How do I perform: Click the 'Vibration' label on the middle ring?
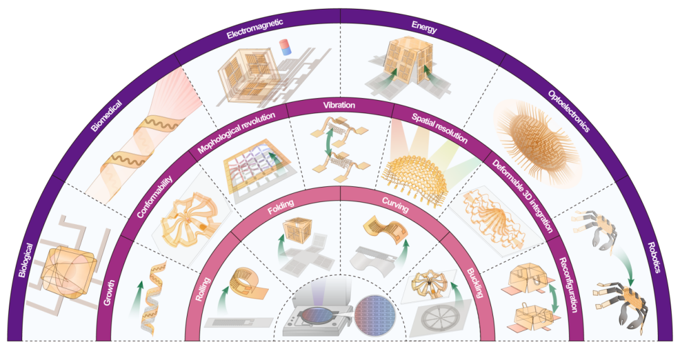coord(339,104)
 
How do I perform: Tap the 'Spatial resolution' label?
coord(439,127)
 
